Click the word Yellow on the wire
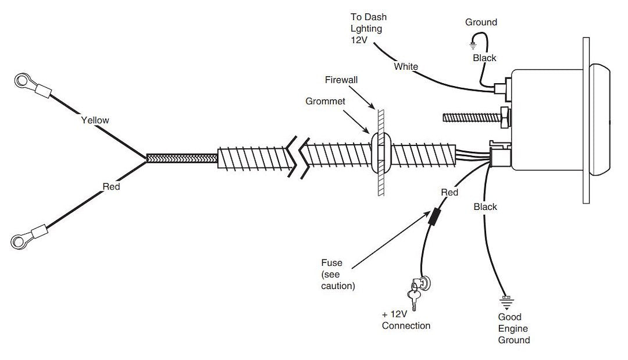[95, 120]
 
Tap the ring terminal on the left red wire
[21, 239]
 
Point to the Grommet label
[325, 101]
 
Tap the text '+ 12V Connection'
[406, 320]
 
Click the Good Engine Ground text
[513, 329]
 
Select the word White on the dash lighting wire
[406, 66]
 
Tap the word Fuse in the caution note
[331, 263]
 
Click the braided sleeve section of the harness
[181, 158]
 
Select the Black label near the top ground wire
[484, 58]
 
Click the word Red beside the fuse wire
[449, 193]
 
